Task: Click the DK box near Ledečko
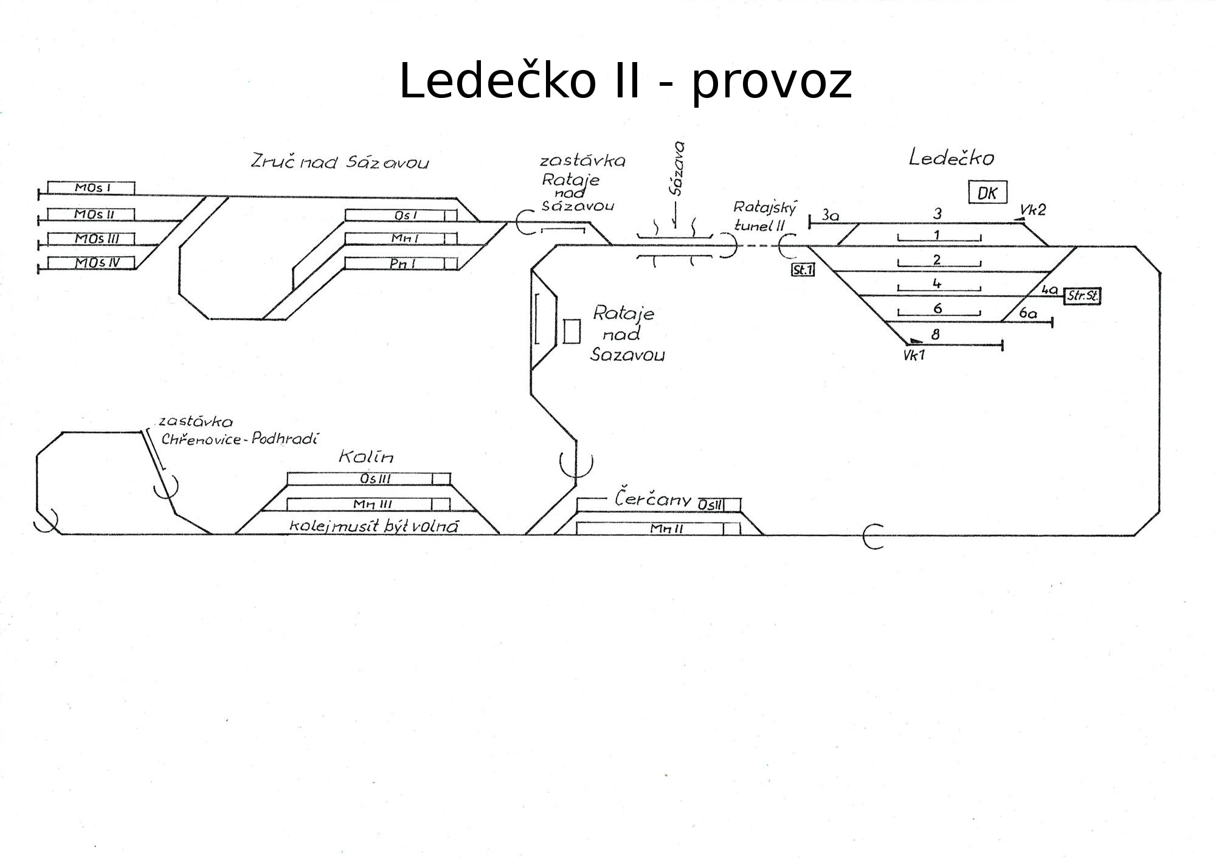(987, 193)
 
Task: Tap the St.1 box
(803, 270)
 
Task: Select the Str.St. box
(1082, 296)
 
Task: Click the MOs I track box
(91, 188)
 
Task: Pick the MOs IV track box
(91, 263)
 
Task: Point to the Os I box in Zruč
(401, 215)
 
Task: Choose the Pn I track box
(401, 263)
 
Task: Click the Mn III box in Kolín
(368, 504)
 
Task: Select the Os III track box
(368, 479)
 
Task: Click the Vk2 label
(1033, 210)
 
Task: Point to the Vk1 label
(914, 355)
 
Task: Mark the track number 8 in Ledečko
(935, 334)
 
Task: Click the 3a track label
(830, 215)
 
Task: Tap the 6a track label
(1028, 313)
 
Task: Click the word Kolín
(366, 456)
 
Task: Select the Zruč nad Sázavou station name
(340, 162)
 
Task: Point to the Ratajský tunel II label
(764, 217)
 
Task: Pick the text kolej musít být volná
(373, 526)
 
